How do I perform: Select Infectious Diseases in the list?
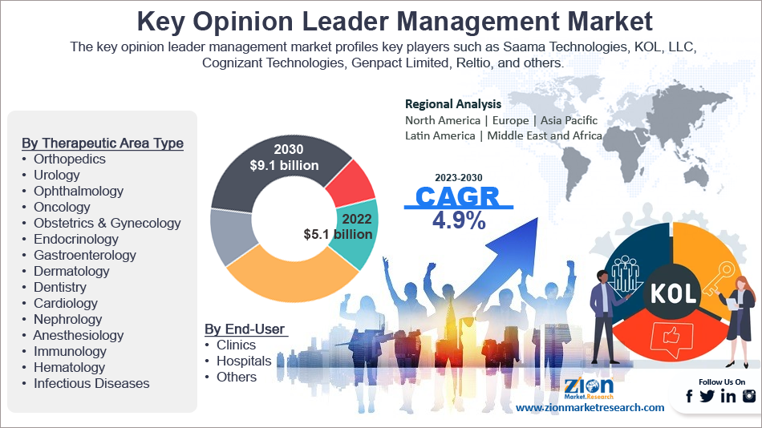pyautogui.click(x=91, y=383)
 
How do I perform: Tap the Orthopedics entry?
pyautogui.click(x=69, y=159)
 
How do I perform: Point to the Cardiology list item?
pyautogui.click(x=65, y=303)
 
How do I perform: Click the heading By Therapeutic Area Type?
pyautogui.click(x=103, y=143)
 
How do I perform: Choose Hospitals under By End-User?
pyautogui.click(x=244, y=361)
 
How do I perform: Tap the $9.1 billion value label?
pyautogui.click(x=284, y=166)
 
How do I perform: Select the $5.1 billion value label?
pyautogui.click(x=338, y=234)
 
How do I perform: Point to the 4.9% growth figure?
pyautogui.click(x=459, y=221)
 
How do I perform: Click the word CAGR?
pyautogui.click(x=457, y=197)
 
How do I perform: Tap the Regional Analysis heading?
pyautogui.click(x=453, y=104)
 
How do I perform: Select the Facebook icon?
pyautogui.click(x=689, y=396)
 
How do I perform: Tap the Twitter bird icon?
pyautogui.click(x=707, y=396)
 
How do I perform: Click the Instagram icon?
pyautogui.click(x=749, y=396)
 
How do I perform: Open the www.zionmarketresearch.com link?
pyautogui.click(x=590, y=408)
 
